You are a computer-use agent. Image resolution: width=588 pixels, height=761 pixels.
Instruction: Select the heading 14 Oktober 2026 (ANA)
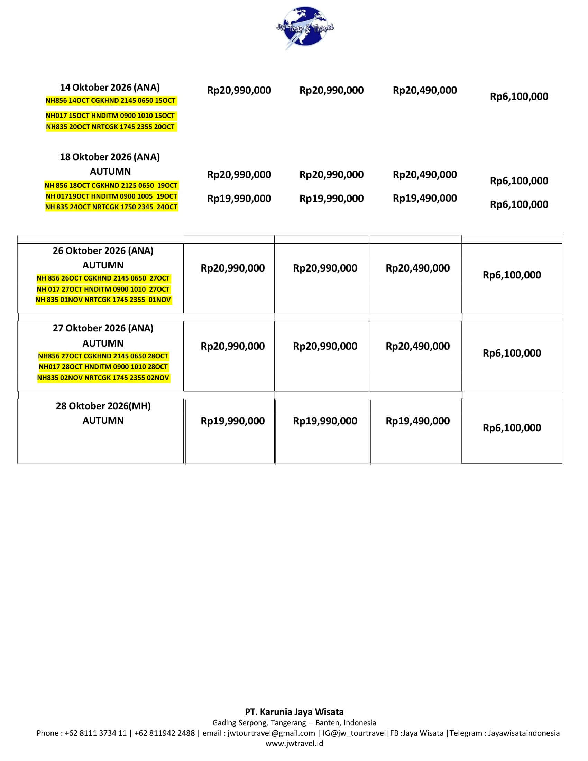coord(110,87)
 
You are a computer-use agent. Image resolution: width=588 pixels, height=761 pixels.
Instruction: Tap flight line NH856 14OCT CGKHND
coord(110,101)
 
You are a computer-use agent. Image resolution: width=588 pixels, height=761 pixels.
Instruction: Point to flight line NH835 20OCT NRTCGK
coord(110,127)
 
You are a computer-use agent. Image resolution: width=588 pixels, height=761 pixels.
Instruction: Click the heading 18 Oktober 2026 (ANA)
coord(110,157)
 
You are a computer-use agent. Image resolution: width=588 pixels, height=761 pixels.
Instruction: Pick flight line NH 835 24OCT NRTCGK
coord(111,207)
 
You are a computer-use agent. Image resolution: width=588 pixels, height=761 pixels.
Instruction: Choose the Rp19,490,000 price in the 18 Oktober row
coord(425,198)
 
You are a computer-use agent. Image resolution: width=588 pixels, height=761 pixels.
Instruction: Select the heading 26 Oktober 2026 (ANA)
coord(103,250)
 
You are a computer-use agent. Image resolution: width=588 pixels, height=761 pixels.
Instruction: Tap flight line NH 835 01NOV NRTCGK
coord(103,300)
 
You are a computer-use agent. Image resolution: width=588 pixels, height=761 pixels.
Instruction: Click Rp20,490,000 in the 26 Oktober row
coord(417,268)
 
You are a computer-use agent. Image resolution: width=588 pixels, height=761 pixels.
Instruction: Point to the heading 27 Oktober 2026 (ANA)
coord(103,328)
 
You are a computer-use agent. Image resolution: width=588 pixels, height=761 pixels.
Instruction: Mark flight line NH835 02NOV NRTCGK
coord(103,378)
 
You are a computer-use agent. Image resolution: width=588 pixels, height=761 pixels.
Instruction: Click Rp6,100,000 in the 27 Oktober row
coord(512,353)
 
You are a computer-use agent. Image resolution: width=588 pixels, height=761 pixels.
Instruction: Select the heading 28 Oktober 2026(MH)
coord(103,406)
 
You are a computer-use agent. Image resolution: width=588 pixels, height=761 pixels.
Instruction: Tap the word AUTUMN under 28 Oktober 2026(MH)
coord(103,421)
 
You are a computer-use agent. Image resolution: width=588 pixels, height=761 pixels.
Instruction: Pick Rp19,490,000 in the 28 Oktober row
coord(417,421)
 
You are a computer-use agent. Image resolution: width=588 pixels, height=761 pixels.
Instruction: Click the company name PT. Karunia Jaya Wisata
coord(294,712)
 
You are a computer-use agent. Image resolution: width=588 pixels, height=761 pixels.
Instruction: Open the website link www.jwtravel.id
coord(294,744)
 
